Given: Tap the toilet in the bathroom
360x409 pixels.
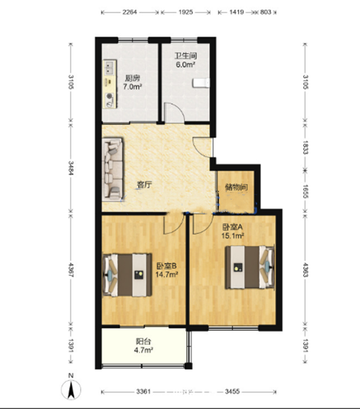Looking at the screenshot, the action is tap(201, 83).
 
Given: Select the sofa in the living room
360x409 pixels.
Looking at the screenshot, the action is tap(112, 169).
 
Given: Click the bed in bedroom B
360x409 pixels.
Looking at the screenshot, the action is tap(127, 275).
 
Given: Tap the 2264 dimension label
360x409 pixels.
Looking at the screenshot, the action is tap(130, 12).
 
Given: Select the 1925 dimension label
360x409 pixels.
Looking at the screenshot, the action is tap(185, 12).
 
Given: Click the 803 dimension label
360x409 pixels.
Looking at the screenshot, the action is tap(266, 12).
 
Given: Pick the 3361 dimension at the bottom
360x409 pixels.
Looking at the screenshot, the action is tap(144, 392).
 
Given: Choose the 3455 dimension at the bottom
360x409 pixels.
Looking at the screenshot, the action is tap(232, 392).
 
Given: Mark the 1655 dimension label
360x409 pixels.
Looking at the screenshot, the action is tap(306, 191).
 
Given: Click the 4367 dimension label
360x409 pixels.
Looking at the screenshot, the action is tap(71, 270).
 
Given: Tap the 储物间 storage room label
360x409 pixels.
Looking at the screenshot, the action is tap(237, 187).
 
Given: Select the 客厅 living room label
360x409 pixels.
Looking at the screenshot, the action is tap(145, 184).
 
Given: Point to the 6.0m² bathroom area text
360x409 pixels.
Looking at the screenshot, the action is tap(185, 65).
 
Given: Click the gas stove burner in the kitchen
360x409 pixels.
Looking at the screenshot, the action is tap(110, 96).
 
